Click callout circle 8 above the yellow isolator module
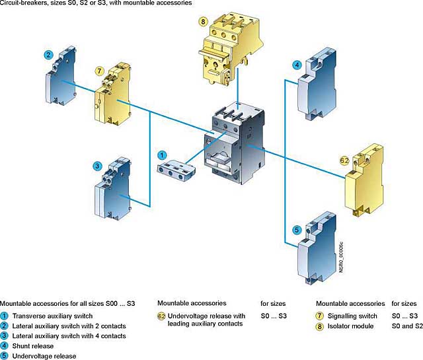203,22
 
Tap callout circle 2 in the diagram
48,55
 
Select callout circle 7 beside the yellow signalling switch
99,71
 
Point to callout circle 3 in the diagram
97,166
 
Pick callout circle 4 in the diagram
297,65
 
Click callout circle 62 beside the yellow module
344,161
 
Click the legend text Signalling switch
354,316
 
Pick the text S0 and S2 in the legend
404,326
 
